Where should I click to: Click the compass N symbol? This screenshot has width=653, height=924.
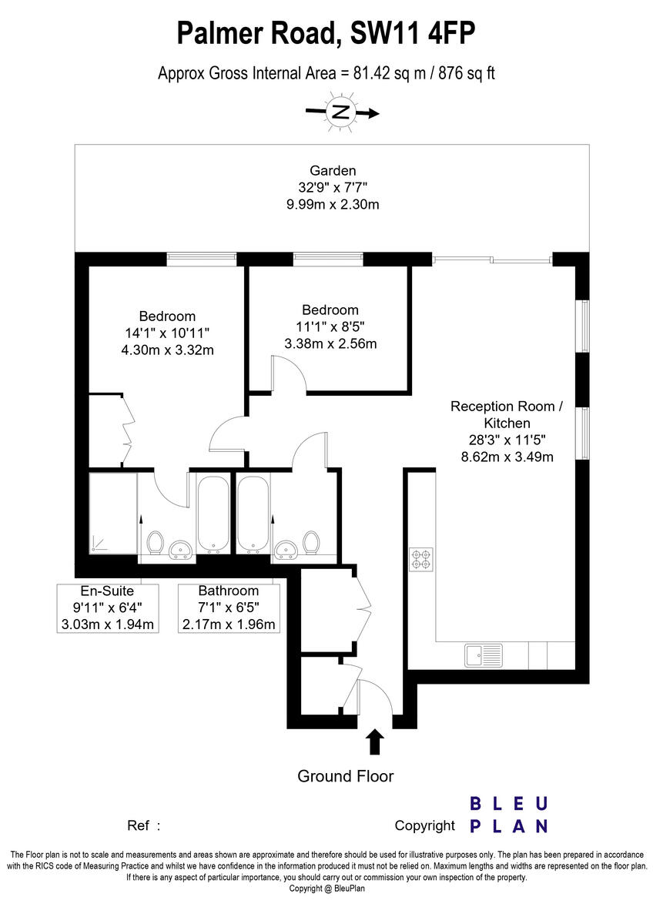click(x=341, y=112)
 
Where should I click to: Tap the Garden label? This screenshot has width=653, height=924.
click(x=333, y=170)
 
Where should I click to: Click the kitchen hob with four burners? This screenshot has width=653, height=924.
click(x=421, y=559)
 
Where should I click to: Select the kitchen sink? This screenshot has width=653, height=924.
click(x=484, y=655)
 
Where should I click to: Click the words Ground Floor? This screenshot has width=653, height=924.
click(x=345, y=776)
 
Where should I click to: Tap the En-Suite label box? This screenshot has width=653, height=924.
click(x=107, y=608)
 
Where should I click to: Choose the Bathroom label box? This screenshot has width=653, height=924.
click(x=229, y=608)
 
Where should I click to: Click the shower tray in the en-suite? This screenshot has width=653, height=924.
click(x=113, y=513)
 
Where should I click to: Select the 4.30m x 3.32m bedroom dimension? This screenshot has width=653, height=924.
click(x=167, y=350)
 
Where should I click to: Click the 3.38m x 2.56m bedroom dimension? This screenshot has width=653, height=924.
click(x=330, y=343)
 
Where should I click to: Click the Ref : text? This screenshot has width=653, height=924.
click(x=143, y=825)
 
